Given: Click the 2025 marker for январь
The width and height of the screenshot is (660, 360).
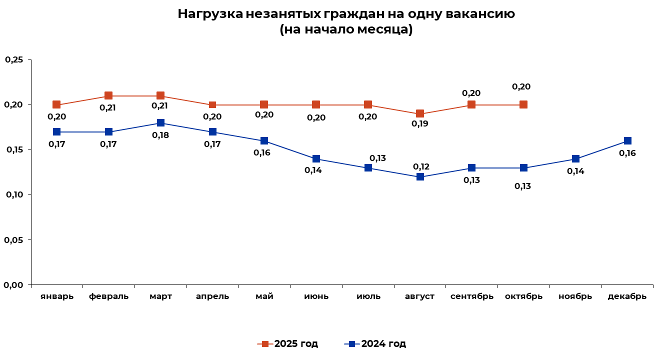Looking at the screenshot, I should click(56, 105).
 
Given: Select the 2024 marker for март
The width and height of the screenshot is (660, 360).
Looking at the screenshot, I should click(160, 123).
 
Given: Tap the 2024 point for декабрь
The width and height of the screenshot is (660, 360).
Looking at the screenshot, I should click(627, 141).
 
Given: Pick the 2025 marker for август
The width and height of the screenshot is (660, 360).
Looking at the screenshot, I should click(420, 114).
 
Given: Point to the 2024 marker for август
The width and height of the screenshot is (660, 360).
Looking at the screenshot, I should click(420, 177).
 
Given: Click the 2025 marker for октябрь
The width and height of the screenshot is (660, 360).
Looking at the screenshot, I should click(523, 105).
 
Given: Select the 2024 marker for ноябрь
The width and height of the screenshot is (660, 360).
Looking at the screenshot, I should click(575, 159).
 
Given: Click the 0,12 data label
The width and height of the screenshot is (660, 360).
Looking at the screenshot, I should click(421, 167).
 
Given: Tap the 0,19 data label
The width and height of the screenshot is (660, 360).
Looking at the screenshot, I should click(419, 124).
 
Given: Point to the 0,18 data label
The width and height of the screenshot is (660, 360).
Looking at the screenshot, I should click(160, 135).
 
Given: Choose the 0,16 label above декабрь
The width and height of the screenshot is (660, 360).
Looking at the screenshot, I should click(627, 153).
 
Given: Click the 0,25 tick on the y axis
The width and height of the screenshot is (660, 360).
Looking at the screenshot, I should click(14, 60).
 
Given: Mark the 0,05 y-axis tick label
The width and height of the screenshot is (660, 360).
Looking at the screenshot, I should click(14, 240).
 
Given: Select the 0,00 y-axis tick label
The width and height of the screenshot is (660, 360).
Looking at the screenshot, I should click(14, 285).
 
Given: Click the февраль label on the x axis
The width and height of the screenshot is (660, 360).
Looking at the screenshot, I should click(108, 296).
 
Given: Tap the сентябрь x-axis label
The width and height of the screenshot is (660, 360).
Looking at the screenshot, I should click(471, 296).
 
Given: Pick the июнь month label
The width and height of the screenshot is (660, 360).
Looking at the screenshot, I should click(316, 296).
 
